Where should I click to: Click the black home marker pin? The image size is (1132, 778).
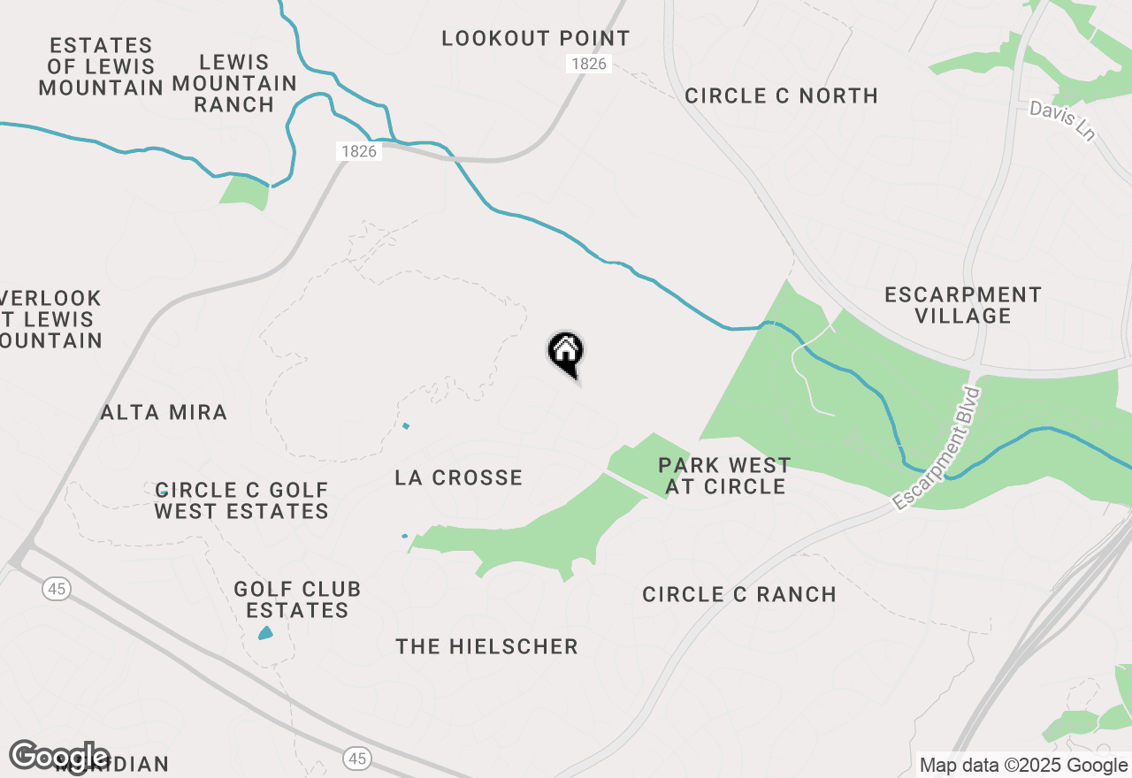point(566,353)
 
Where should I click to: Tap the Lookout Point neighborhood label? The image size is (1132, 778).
point(536,39)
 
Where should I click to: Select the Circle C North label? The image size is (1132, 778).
point(781,95)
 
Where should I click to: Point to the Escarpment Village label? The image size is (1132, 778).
point(963,305)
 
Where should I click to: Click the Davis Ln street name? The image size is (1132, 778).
point(1062,120)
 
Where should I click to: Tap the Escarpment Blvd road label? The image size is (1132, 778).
point(937,448)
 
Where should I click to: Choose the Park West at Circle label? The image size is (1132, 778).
point(724,476)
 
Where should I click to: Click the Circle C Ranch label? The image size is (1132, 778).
point(739,594)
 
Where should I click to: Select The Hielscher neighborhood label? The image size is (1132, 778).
point(486,646)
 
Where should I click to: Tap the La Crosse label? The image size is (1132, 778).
point(458,478)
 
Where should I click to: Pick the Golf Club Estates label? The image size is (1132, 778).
point(297,599)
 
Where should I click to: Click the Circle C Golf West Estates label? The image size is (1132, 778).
point(241,500)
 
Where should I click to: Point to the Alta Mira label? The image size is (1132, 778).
point(164,412)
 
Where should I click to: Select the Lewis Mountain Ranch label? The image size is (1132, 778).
point(234,83)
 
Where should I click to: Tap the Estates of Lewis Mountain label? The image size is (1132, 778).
point(101,66)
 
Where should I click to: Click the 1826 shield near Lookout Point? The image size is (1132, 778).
point(589,64)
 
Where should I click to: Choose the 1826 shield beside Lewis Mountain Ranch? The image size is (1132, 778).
point(358,151)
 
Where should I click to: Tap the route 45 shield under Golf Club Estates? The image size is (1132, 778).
point(356,758)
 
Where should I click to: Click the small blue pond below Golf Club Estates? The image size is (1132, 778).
point(265,633)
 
